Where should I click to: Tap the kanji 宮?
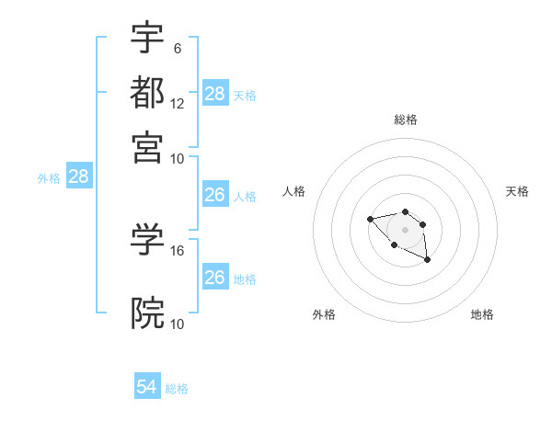(x=148, y=147)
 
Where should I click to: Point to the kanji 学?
(x=148, y=240)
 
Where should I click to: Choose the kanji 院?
(x=148, y=313)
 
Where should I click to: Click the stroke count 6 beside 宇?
(x=178, y=48)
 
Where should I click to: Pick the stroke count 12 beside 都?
(x=178, y=103)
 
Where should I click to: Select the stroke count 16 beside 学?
(x=178, y=250)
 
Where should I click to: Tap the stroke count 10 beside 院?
(x=178, y=324)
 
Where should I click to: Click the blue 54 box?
(x=147, y=388)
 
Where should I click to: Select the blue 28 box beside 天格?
(x=214, y=94)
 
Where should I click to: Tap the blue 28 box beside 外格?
(x=78, y=176)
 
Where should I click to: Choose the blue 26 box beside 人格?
(x=214, y=195)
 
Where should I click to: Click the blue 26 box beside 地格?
(x=214, y=278)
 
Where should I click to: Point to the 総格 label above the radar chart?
(x=406, y=119)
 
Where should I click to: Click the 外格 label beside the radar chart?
(x=324, y=314)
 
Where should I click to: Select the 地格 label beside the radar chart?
(x=482, y=314)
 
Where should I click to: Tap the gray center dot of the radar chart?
(x=405, y=229)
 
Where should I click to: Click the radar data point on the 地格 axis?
(x=428, y=260)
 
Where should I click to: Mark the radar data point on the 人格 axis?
(x=370, y=219)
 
